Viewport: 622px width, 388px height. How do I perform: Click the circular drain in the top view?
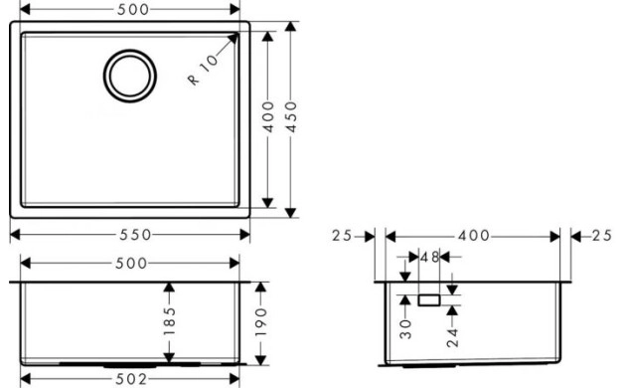pyautogui.click(x=130, y=75)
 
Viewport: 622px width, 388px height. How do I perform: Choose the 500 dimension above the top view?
pyautogui.click(x=130, y=10)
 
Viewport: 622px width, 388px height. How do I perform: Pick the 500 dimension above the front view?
pyautogui.click(x=130, y=263)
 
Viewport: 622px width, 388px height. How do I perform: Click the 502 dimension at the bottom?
pyautogui.click(x=130, y=379)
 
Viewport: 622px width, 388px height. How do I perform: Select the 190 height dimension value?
pyautogui.click(x=261, y=323)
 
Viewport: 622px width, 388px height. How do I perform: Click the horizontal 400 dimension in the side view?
pyautogui.click(x=471, y=236)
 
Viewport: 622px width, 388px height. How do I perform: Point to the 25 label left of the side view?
pyautogui.click(x=344, y=236)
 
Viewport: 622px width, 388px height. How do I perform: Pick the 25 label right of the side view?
pyautogui.click(x=599, y=236)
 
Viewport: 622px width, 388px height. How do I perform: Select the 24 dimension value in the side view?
pyautogui.click(x=452, y=334)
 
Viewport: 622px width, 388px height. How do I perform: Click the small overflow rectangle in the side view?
pyautogui.click(x=430, y=297)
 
